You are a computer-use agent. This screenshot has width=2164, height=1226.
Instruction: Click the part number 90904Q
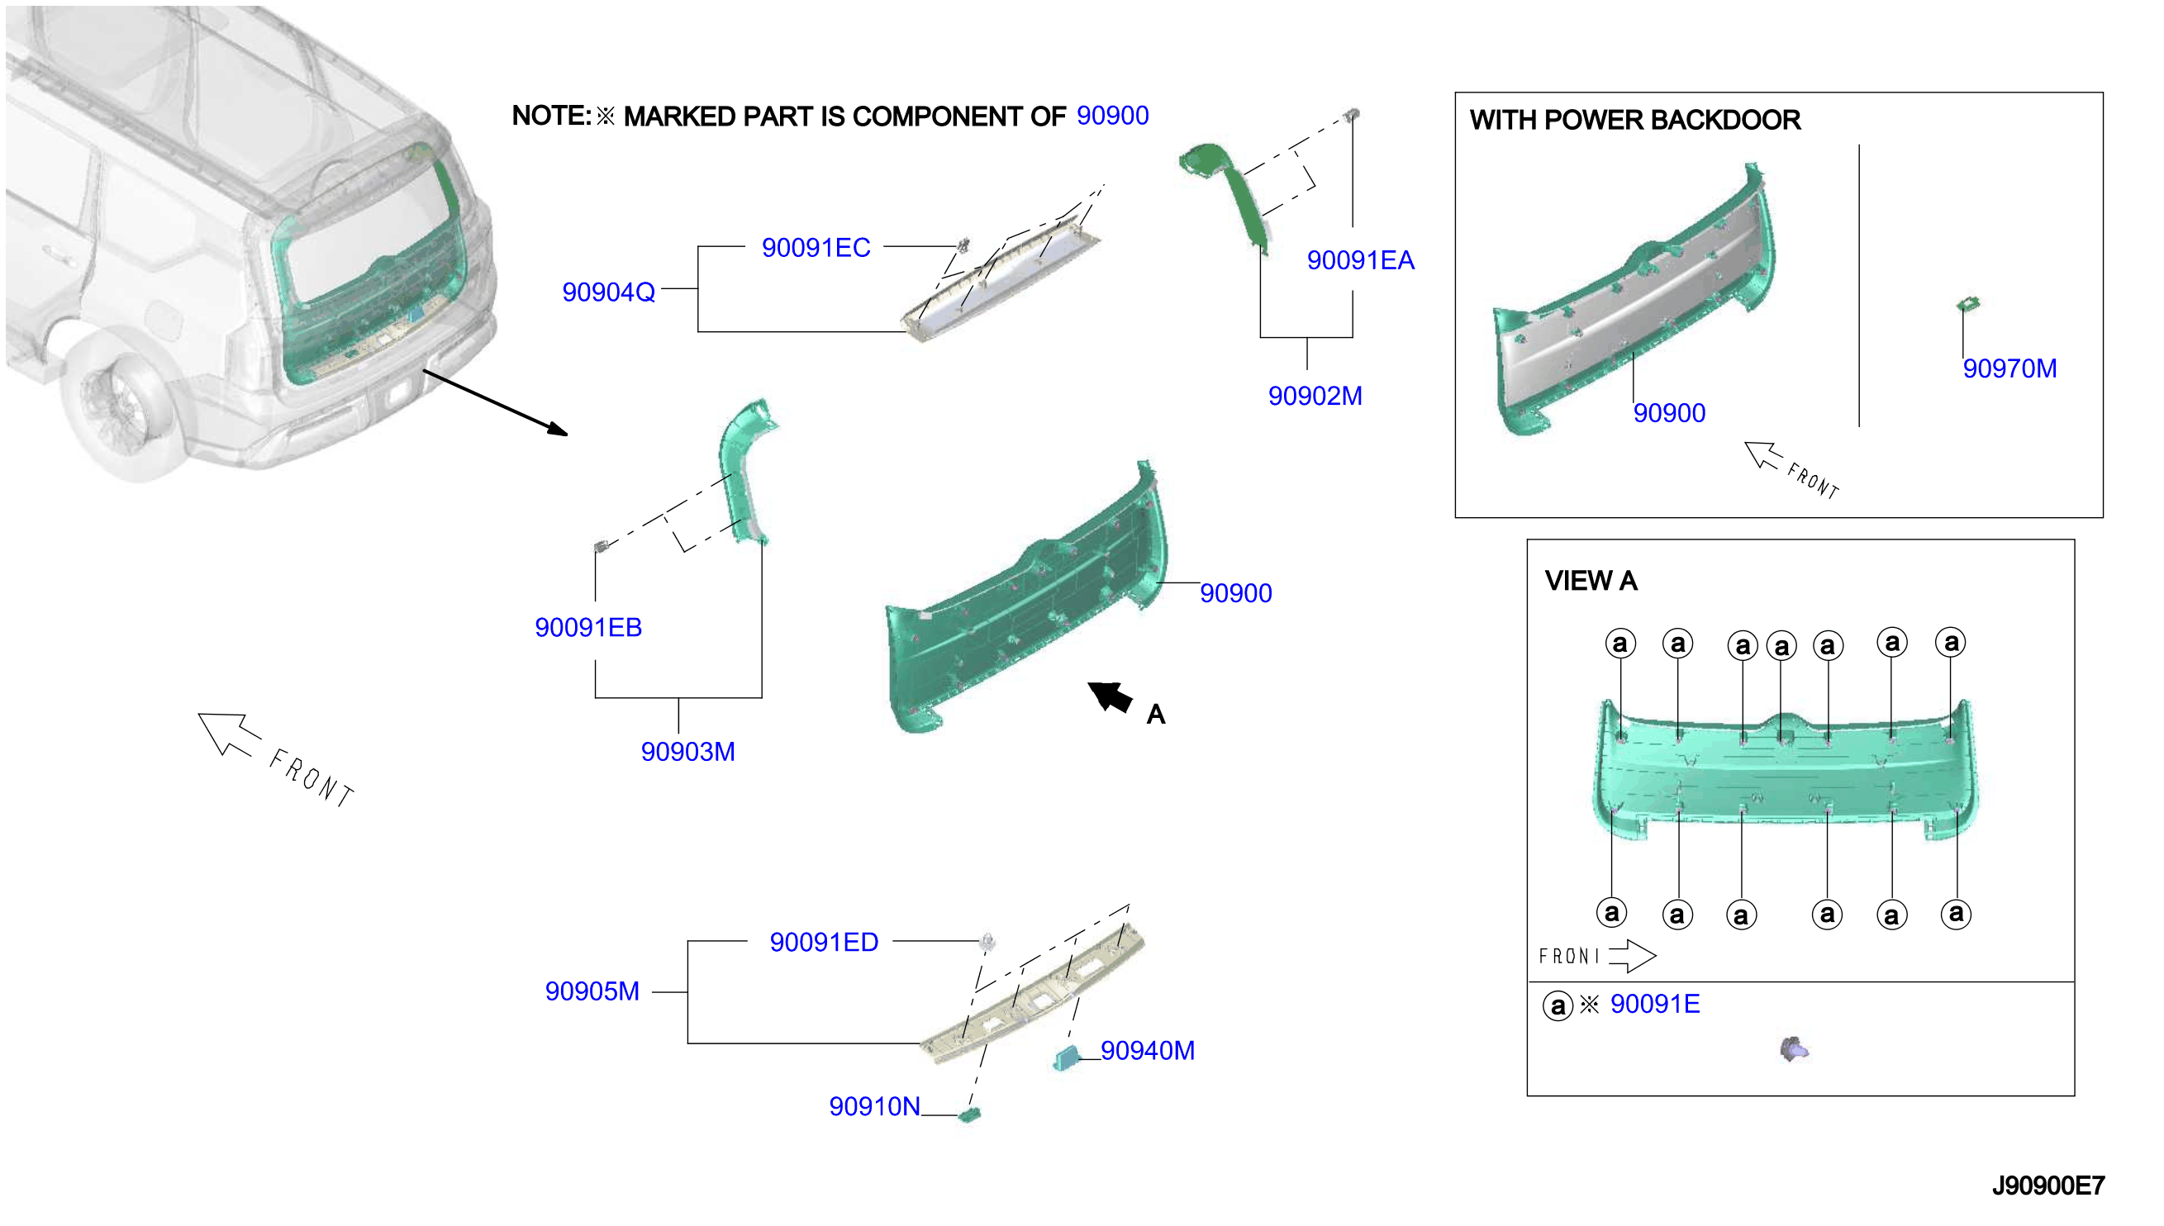(609, 292)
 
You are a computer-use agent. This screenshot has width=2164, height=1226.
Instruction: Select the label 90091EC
(816, 248)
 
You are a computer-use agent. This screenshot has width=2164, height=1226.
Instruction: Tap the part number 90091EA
(1361, 260)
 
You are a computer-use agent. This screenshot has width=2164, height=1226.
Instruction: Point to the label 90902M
(1315, 396)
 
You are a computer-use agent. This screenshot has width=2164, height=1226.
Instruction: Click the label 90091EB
(588, 627)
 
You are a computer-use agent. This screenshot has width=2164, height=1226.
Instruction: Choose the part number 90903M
(688, 751)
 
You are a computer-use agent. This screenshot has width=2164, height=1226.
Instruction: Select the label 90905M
(592, 991)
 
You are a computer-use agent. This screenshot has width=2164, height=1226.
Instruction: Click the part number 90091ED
(825, 943)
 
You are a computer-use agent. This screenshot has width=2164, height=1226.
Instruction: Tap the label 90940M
(1148, 1051)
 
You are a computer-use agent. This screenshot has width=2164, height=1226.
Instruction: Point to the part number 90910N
(875, 1106)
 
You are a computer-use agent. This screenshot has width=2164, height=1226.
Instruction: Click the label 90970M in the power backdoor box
(2010, 368)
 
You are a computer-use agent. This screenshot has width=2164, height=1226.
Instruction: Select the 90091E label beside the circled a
(1655, 1004)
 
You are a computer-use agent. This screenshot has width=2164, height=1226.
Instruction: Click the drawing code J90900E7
(2048, 1186)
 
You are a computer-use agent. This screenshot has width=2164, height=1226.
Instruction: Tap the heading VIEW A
(1591, 580)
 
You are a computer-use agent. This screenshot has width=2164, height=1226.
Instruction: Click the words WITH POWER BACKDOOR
(1635, 120)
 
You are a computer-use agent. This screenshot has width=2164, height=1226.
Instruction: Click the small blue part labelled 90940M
(1066, 1057)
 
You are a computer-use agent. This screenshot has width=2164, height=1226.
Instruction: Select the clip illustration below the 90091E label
(1795, 1049)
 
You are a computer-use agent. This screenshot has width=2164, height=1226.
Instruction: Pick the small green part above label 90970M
(1968, 303)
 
